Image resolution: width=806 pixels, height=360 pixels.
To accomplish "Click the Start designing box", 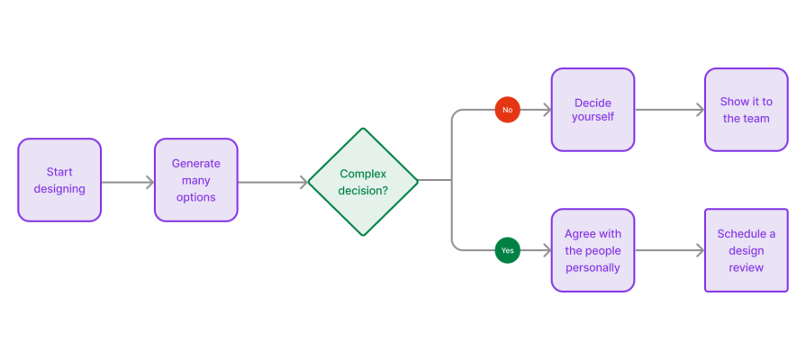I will (59, 180).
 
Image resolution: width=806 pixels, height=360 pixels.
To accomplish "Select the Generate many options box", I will (195, 180).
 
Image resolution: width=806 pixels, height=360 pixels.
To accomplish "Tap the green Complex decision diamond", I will (363, 181).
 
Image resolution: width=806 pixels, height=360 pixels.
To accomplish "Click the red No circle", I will (507, 110).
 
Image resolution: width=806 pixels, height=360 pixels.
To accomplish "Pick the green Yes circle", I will (507, 250).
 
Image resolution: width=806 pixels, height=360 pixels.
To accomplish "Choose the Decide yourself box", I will (593, 110).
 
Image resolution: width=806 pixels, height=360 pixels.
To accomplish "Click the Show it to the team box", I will (746, 110).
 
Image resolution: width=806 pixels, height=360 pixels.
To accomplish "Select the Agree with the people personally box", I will (593, 250).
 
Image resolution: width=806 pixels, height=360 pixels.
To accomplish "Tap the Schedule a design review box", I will (746, 250).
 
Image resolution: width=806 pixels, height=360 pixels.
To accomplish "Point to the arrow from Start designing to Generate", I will (128, 183).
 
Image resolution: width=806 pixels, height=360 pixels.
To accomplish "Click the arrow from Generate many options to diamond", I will (272, 183).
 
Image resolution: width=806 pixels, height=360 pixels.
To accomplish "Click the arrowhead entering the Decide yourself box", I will (546, 110).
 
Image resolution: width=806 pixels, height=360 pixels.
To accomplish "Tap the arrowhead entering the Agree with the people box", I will (546, 250).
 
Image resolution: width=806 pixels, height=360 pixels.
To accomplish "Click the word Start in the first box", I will (59, 172).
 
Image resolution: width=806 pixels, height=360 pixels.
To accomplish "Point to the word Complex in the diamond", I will (363, 173).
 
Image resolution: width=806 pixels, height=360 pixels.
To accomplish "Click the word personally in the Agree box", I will (593, 267).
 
